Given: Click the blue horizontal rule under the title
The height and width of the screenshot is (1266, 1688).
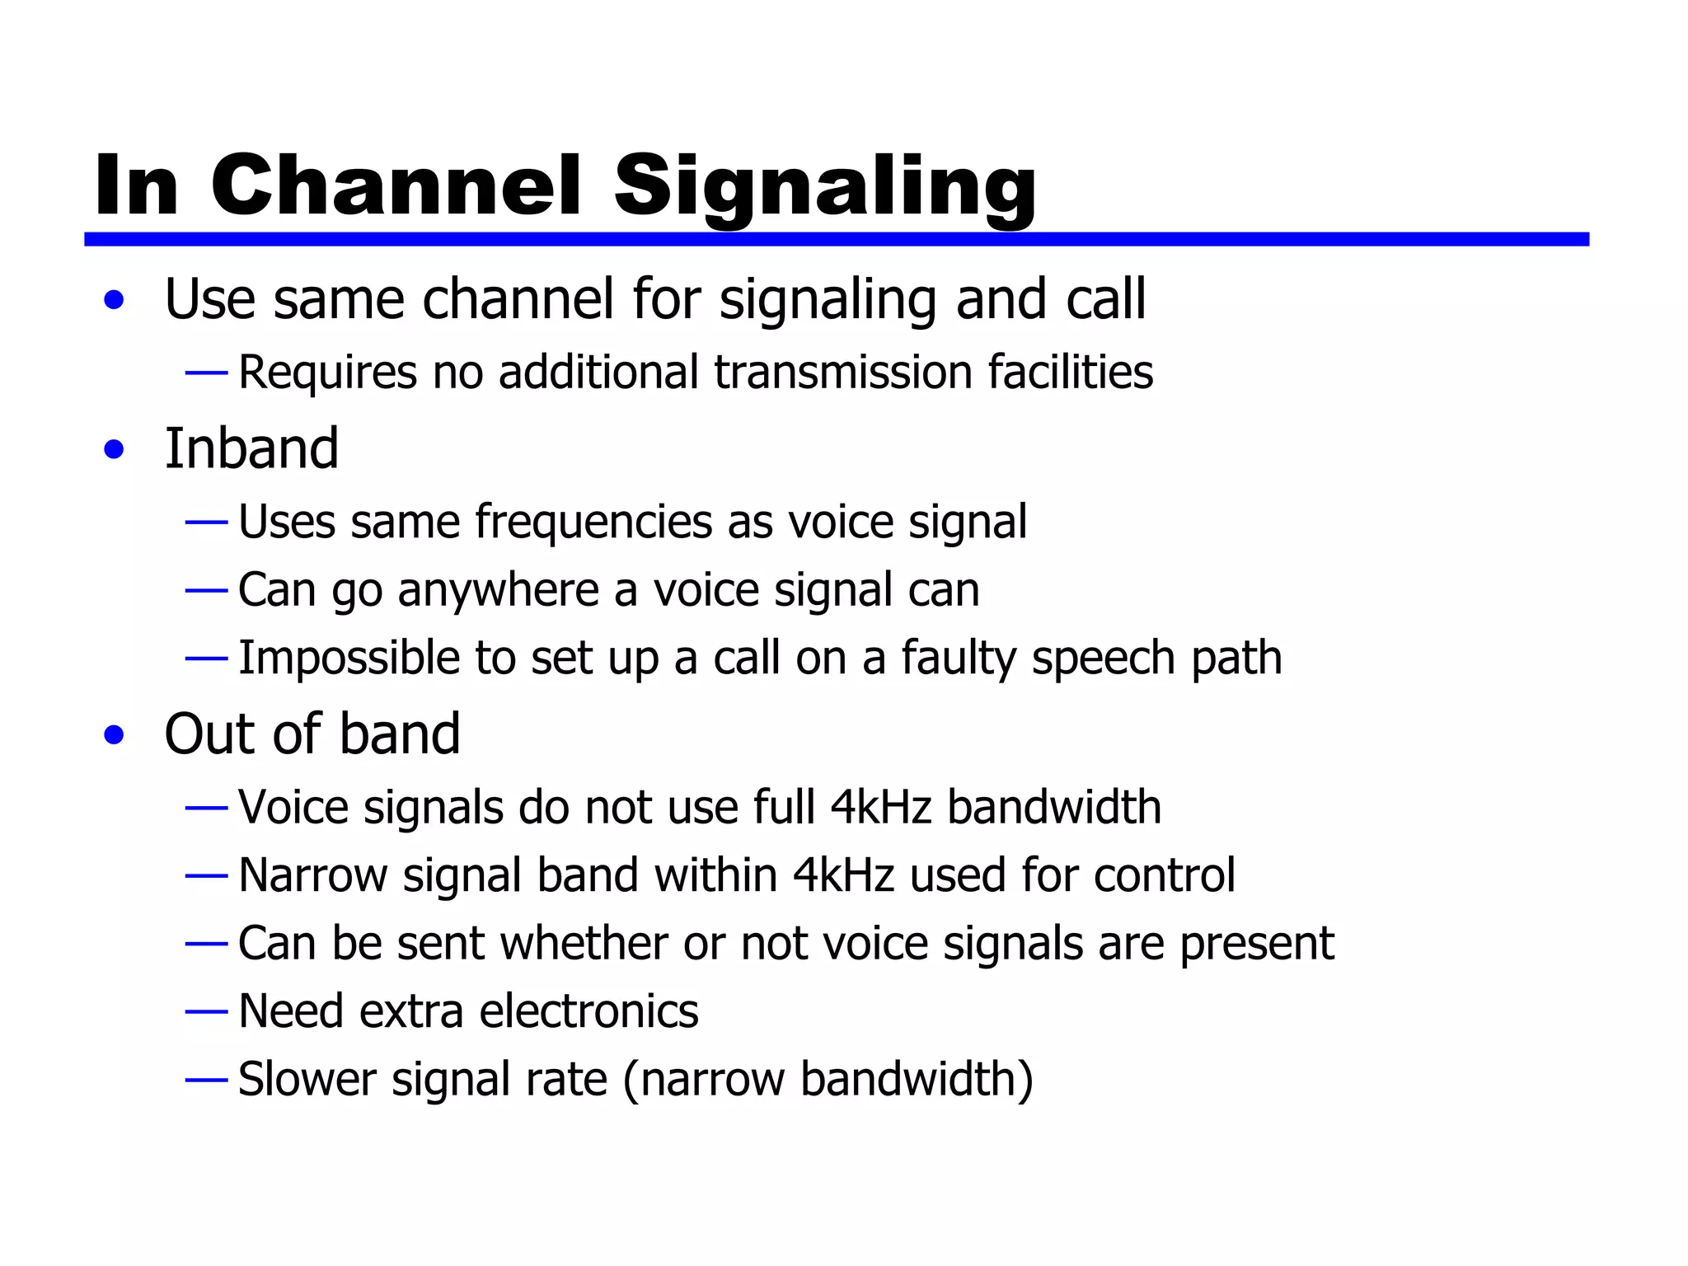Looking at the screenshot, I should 836,239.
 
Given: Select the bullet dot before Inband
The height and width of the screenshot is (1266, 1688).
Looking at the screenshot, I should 115,450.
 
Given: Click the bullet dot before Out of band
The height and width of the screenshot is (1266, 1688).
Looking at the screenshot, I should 115,735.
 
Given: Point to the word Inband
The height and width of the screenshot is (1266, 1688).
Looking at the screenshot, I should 251,448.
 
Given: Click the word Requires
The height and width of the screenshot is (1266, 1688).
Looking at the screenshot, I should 327,373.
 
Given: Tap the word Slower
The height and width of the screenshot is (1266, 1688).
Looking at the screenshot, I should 307,1080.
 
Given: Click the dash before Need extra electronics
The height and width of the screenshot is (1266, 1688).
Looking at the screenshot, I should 206,1011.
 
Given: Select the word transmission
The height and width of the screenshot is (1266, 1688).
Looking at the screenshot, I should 843,373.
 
